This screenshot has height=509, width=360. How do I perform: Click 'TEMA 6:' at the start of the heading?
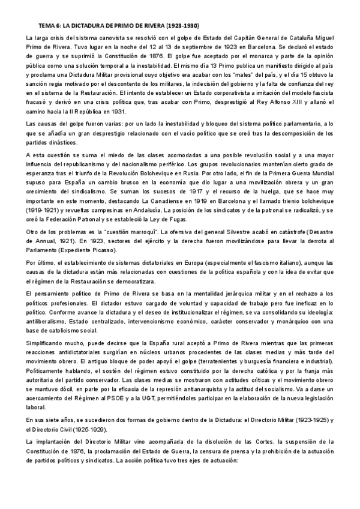coord(49,26)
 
